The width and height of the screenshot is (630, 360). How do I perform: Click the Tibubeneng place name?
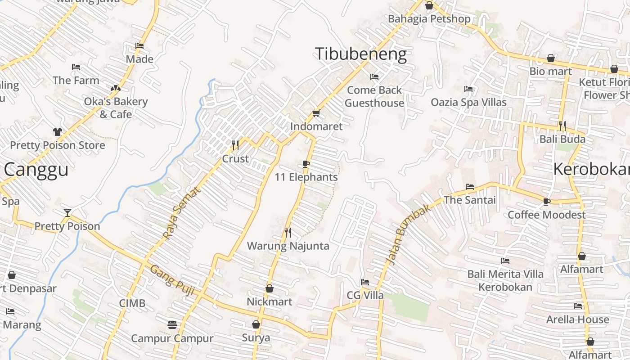tap(360, 54)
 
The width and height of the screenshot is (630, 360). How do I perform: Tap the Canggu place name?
tap(36, 170)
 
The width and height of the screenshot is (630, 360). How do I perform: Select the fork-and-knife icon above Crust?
tap(235, 145)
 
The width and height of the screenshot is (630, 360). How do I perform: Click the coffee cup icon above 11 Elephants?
tap(306, 164)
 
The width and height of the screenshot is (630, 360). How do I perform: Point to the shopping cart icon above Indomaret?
tap(316, 113)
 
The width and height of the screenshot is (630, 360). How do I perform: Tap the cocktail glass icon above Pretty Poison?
tap(67, 212)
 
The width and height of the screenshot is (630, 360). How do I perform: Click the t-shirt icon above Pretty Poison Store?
tap(57, 132)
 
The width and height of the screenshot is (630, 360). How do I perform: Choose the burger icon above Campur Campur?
tap(172, 324)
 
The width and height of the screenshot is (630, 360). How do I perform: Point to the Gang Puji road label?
tap(172, 280)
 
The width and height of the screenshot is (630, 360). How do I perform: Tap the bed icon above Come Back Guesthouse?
tap(374, 76)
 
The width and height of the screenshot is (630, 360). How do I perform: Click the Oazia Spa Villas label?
tap(468, 102)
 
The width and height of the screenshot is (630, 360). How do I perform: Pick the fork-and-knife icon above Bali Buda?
tap(562, 125)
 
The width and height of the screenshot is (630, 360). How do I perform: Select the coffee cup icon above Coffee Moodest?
tap(547, 202)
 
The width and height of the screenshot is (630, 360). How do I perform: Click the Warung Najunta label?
tap(288, 246)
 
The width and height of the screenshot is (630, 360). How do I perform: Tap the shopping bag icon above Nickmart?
tap(269, 288)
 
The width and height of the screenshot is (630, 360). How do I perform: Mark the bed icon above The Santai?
tap(470, 186)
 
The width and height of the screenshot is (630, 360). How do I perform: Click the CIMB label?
tap(132, 303)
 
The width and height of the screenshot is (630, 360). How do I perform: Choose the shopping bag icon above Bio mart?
tap(550, 58)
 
